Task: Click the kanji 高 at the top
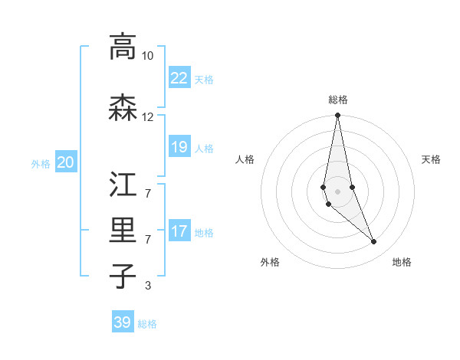tap(123, 47)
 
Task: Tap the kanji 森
tap(123, 108)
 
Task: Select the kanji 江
tap(123, 185)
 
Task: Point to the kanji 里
tap(123, 231)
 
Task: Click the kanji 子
tap(123, 276)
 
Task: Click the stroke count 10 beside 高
tap(147, 56)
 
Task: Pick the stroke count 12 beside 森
tap(147, 117)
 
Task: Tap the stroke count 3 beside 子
tap(147, 286)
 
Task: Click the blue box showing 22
tap(179, 78)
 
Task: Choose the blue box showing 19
tap(179, 147)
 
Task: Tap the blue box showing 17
tap(179, 231)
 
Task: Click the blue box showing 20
tap(66, 162)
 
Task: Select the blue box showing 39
tap(123, 322)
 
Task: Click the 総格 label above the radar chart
tap(338, 100)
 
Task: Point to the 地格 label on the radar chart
tap(402, 262)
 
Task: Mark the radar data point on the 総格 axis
tap(337, 116)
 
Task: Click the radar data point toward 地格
tap(373, 242)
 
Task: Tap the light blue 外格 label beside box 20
tap(41, 164)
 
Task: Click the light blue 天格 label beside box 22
tap(204, 80)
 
